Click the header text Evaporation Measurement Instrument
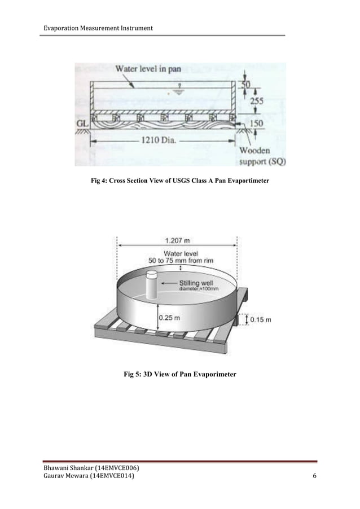94,29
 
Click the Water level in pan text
148,69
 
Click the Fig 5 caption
180,374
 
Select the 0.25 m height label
169,317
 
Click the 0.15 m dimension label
260,319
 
